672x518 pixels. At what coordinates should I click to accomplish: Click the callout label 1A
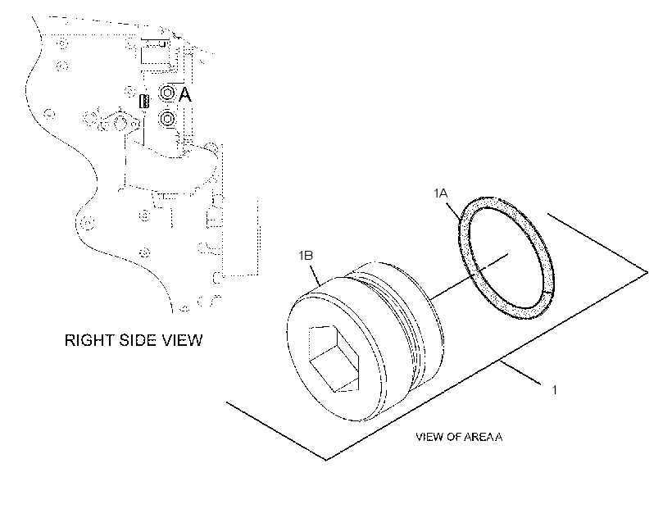pos(440,193)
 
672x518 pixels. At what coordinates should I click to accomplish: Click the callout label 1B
pos(306,256)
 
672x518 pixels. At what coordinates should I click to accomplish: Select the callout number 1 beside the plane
pos(555,390)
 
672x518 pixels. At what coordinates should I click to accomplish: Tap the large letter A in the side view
pos(184,94)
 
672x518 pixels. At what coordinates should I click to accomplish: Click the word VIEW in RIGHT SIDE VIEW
pos(182,340)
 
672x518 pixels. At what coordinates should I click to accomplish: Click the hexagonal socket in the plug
pos(334,358)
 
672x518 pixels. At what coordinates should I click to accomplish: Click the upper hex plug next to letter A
pos(166,92)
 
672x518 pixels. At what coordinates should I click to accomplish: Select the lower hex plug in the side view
pos(167,119)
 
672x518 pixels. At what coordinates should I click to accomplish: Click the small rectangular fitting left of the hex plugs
pos(145,101)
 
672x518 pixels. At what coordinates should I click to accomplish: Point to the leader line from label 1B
pos(315,275)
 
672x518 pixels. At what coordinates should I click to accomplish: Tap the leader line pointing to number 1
pos(521,372)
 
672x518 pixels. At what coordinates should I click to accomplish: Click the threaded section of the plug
pos(402,321)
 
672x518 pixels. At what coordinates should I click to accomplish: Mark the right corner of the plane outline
pos(647,271)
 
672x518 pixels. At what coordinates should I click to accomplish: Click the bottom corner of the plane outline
pos(325,460)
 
